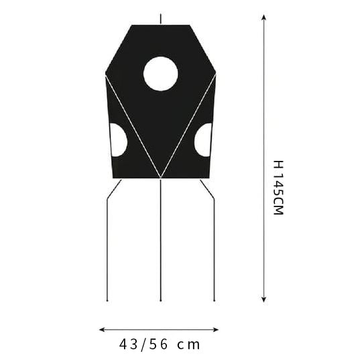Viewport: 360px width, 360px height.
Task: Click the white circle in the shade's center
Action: click(161, 74)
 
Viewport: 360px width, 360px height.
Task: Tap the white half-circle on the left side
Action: click(118, 140)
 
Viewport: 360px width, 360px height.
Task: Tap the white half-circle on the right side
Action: click(203, 140)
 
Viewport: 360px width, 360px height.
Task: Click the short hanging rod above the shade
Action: click(161, 19)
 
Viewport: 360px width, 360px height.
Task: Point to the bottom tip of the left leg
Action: click(107, 300)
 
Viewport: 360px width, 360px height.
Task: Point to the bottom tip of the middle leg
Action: click(161, 300)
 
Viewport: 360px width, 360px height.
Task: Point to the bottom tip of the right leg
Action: click(215, 300)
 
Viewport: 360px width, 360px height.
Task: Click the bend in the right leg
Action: click(215, 198)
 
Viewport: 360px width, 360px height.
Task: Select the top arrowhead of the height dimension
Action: click(264, 17)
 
